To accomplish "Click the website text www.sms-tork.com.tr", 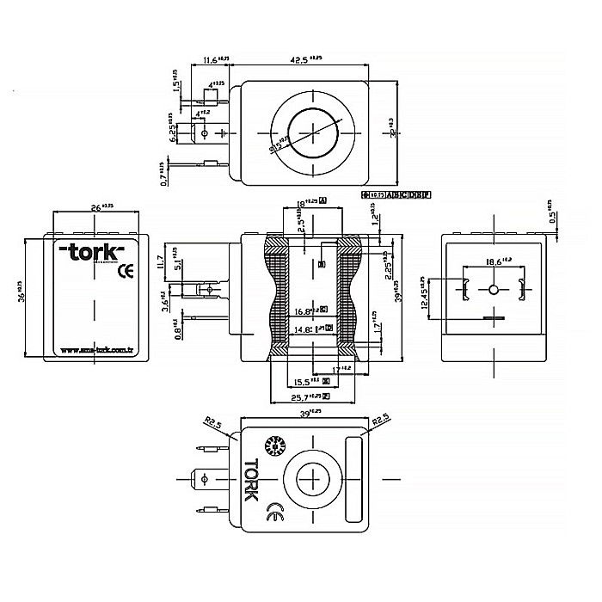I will point(97,350).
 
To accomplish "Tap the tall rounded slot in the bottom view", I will point(353,479).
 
